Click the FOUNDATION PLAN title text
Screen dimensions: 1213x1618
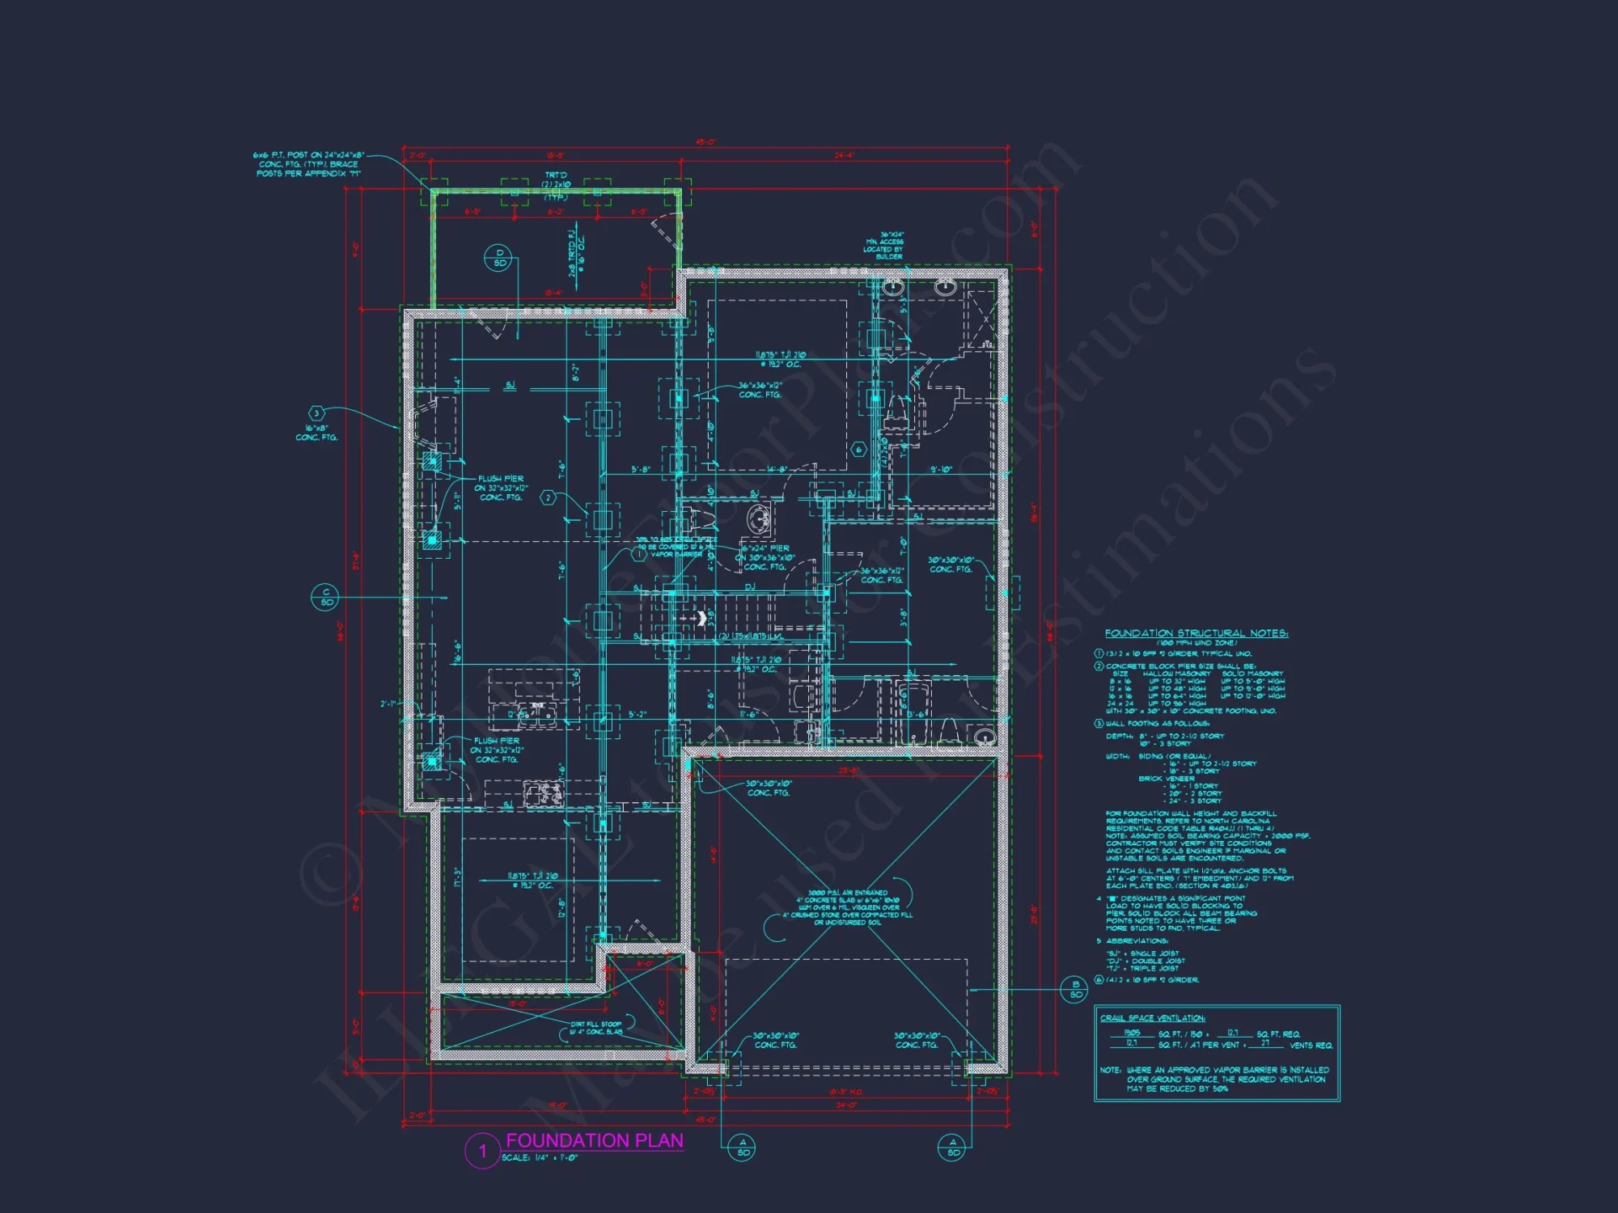(x=595, y=1140)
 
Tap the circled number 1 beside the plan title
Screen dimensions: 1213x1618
(x=483, y=1151)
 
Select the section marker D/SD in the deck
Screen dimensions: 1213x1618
(x=499, y=258)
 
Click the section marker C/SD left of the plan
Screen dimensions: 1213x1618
(x=326, y=598)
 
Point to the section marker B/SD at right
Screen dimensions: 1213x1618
(x=1075, y=989)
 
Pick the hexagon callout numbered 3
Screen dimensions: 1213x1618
(x=316, y=413)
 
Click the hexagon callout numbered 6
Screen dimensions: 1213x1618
(x=859, y=449)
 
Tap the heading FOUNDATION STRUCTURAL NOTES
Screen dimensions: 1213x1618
(x=1196, y=633)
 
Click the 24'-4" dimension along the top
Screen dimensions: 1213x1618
(x=844, y=155)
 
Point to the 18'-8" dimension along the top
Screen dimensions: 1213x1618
(x=555, y=155)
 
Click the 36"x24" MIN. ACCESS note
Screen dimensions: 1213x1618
(x=884, y=246)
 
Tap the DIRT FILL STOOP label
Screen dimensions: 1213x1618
(x=596, y=1028)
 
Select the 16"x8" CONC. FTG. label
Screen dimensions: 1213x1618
(x=316, y=433)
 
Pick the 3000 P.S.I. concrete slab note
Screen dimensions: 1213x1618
(x=848, y=907)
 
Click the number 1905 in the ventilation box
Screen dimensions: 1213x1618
(x=1132, y=1033)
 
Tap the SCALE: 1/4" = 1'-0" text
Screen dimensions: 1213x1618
(x=540, y=1158)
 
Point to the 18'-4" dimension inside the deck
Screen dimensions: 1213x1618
(x=553, y=293)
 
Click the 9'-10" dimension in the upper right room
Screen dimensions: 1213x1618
(x=941, y=469)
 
